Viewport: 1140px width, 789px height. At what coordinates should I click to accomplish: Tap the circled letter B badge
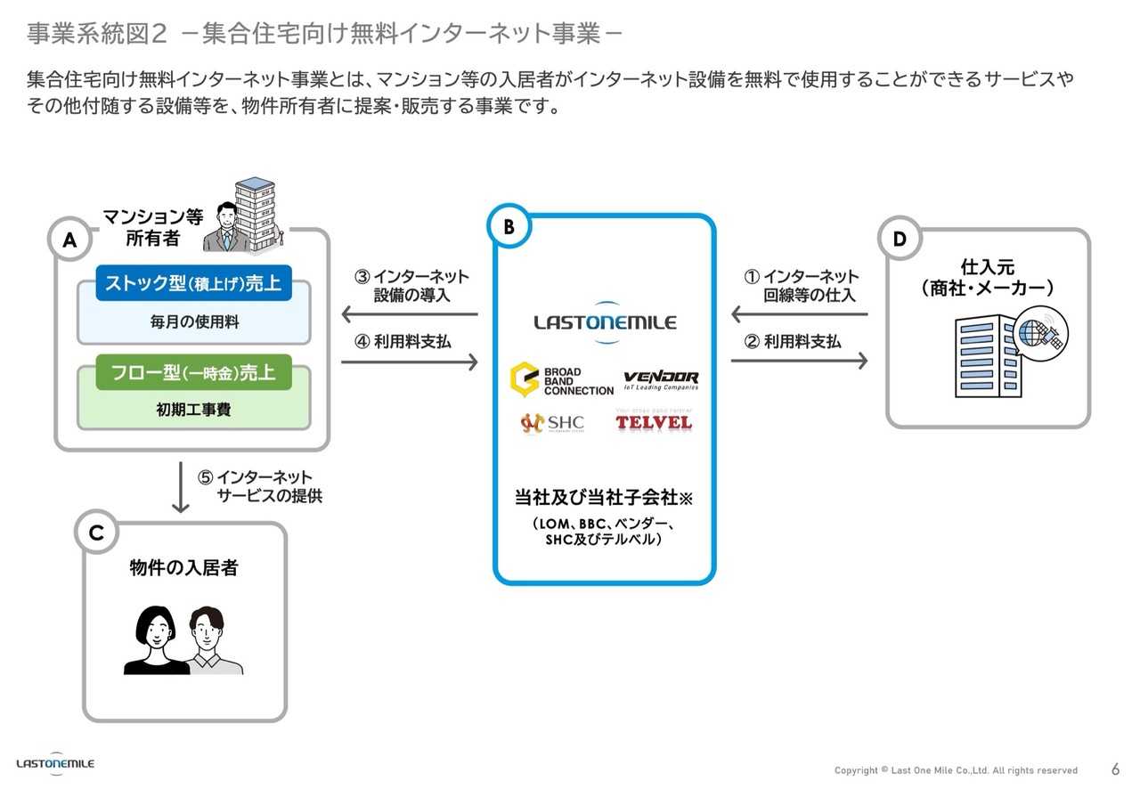(x=509, y=227)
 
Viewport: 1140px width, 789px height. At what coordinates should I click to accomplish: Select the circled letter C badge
(x=97, y=533)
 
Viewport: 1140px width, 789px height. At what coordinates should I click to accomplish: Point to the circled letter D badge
(x=900, y=240)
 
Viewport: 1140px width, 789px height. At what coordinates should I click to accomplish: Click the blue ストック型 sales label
(x=193, y=284)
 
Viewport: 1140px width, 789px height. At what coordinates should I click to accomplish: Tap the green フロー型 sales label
(x=193, y=373)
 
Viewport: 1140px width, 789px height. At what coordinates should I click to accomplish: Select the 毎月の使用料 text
(x=193, y=322)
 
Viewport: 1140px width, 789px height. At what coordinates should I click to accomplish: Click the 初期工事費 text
(x=193, y=411)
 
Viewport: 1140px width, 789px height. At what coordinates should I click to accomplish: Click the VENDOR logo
(x=661, y=379)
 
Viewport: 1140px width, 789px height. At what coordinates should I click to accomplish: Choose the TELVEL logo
(x=653, y=420)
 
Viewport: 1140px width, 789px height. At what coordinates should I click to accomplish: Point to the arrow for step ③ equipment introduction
(x=410, y=314)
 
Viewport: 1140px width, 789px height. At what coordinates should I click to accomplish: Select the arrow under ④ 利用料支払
(x=410, y=362)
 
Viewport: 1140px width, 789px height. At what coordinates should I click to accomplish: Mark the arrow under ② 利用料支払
(x=799, y=361)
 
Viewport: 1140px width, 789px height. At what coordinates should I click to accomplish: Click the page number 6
(x=1116, y=769)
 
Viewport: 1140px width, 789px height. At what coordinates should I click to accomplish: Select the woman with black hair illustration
(x=156, y=639)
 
